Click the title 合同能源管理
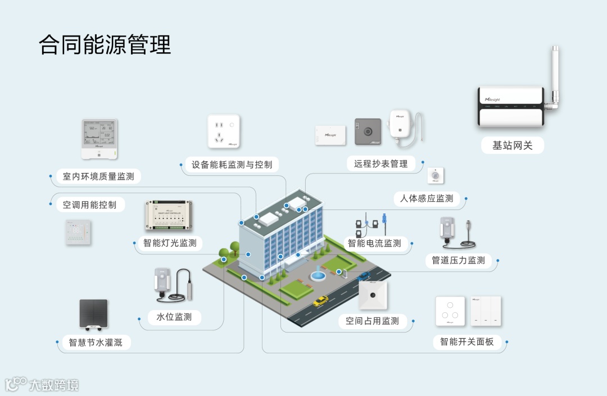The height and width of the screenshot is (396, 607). click(105, 45)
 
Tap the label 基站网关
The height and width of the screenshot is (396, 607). click(512, 145)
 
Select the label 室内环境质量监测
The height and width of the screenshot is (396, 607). click(98, 176)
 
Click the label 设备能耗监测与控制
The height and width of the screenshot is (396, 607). click(232, 165)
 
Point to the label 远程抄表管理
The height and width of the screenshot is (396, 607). click(381, 163)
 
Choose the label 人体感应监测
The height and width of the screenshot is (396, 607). click(427, 198)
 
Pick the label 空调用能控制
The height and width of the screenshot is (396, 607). click(90, 205)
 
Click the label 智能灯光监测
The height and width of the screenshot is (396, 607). click(170, 243)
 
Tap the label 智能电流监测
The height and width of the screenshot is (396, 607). click(374, 243)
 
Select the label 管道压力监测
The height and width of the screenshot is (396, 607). click(458, 260)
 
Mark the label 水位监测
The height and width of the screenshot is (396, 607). click(174, 317)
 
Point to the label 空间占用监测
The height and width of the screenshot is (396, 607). click(372, 321)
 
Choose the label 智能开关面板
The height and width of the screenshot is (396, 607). click(467, 341)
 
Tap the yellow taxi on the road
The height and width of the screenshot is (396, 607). click(321, 302)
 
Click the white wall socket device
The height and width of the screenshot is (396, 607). click(224, 131)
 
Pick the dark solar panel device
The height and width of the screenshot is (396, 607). click(93, 315)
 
